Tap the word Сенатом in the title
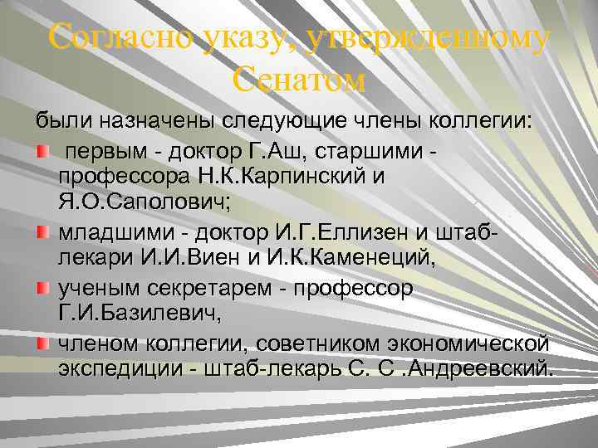click(298, 80)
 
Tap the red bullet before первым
click(41, 153)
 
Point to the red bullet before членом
click(41, 342)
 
